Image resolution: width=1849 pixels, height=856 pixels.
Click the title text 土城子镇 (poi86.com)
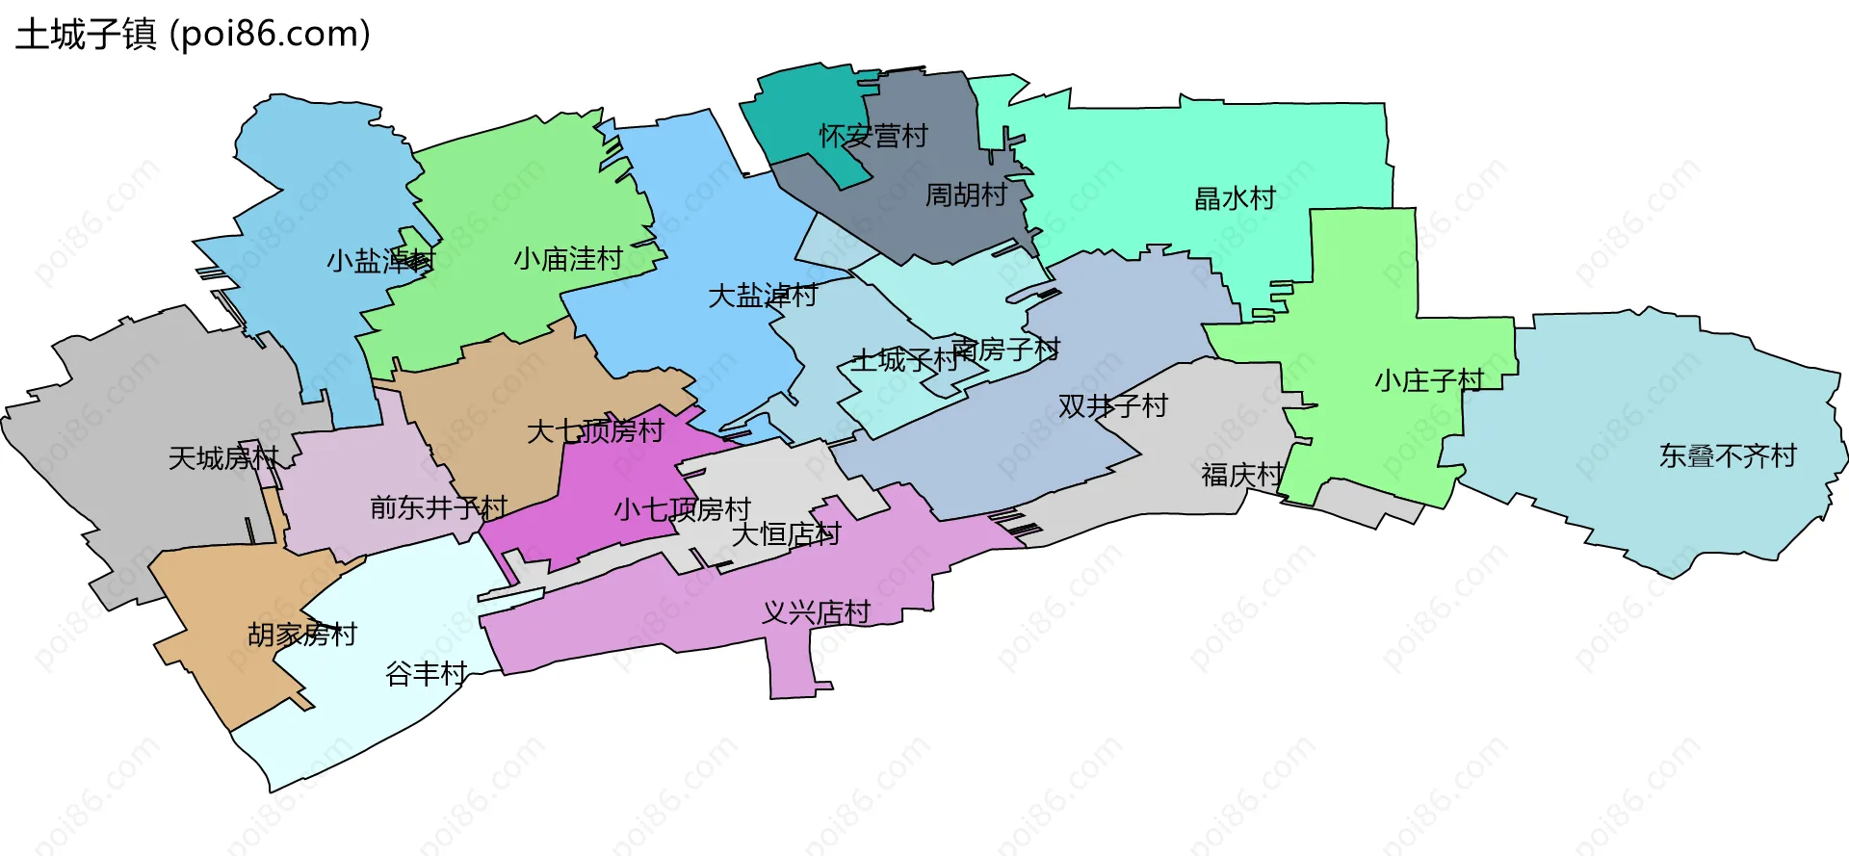coord(193,35)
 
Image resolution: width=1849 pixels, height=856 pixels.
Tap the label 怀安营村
coord(873,136)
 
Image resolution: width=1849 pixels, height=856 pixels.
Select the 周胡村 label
coord(966,195)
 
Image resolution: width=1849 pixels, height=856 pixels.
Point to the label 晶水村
coord(1235,199)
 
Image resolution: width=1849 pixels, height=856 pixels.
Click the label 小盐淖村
coord(380,261)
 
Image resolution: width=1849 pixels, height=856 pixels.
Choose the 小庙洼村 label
coord(568,259)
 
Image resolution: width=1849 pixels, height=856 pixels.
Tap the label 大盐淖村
coord(763,296)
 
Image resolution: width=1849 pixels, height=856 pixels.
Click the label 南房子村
coord(1006,349)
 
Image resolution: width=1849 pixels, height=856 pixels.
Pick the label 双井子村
coord(1112,406)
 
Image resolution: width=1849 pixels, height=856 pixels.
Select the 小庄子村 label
coord(1429,381)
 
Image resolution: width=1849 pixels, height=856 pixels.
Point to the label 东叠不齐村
coord(1728,455)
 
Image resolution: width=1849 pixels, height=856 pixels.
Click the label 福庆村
coord(1242,475)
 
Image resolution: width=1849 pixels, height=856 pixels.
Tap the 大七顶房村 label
coord(595,431)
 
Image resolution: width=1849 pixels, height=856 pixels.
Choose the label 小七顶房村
coord(682,509)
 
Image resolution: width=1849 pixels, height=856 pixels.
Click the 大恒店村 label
coord(786,534)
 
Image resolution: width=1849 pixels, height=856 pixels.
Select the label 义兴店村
coord(816,612)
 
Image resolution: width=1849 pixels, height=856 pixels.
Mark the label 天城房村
coord(223,458)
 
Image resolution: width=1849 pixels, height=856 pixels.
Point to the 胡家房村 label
coord(302,635)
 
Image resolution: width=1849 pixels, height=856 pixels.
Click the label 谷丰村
coord(427,674)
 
